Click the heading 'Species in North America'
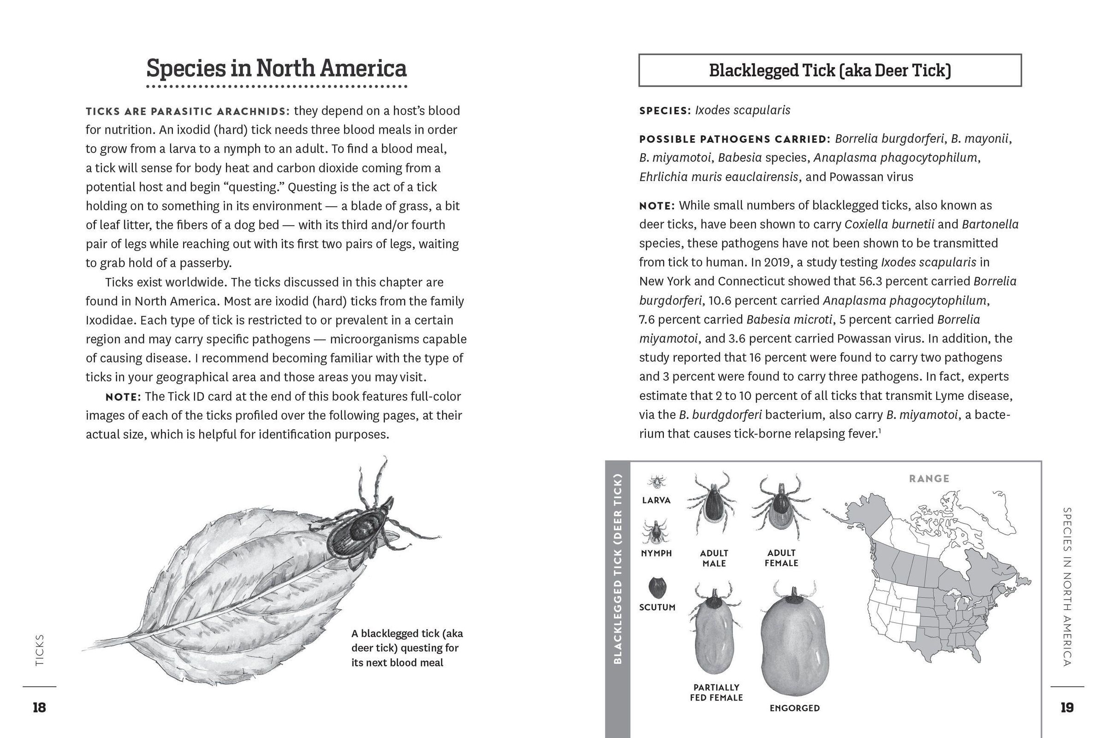point(276,69)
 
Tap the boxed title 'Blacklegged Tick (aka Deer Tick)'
point(829,71)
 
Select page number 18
point(39,708)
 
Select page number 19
point(1066,708)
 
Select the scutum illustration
point(657,587)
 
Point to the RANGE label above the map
point(928,479)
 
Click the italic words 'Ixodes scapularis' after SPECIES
point(742,110)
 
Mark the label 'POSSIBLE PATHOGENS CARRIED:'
point(735,139)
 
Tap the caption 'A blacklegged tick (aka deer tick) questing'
point(407,648)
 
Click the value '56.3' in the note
point(872,281)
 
